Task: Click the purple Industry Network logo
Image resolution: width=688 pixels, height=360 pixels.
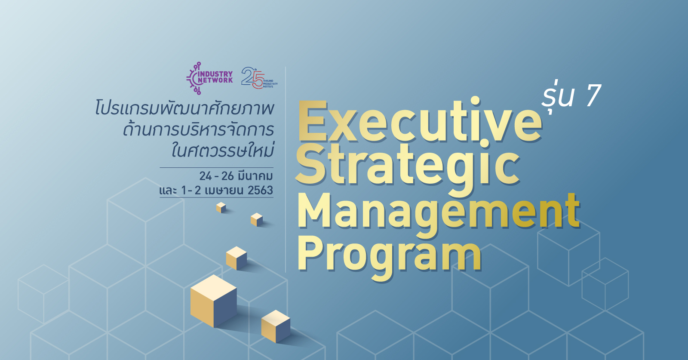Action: click(209, 78)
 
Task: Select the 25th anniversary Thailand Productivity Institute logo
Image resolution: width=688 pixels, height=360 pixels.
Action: click(259, 78)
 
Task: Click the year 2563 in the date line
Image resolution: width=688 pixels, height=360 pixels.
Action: click(261, 191)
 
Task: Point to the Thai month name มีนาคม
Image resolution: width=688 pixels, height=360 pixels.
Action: click(255, 176)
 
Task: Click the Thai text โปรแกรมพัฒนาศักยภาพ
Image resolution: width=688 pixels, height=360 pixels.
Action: click(184, 108)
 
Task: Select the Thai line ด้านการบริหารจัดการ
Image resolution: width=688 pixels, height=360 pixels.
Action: click(198, 130)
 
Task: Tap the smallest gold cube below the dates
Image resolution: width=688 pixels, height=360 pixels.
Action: click(221, 207)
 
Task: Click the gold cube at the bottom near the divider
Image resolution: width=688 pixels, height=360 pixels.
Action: click(276, 326)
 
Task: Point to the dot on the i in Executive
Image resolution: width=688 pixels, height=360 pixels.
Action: click(475, 102)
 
